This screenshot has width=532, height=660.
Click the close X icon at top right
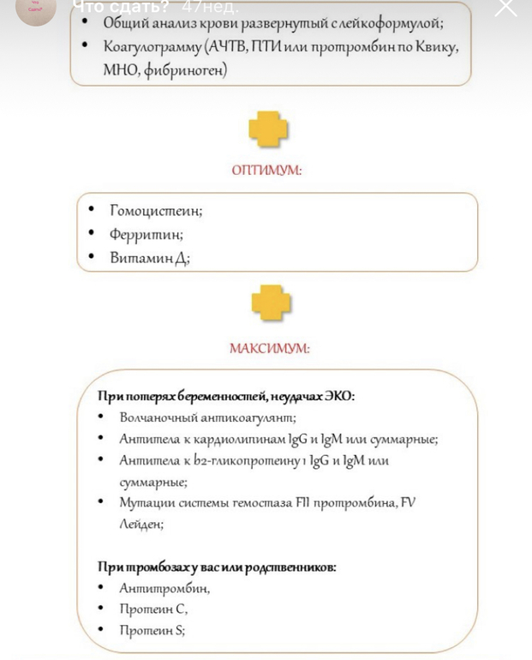pos(506,9)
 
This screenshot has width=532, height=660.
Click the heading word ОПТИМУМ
pos(266,170)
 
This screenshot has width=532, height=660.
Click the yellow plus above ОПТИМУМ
pos(268,129)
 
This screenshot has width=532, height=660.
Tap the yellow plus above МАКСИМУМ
pos(271,303)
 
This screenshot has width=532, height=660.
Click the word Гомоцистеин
pos(156,210)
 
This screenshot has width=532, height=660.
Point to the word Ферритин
pos(146,233)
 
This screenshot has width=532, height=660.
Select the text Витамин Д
pos(149,257)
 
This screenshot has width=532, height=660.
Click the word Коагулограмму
pos(151,46)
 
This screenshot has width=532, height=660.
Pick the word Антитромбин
pos(164,588)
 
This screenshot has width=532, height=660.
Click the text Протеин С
pos(153,609)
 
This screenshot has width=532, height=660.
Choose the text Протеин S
pos(152,630)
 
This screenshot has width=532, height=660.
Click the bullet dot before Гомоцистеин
pos(92,209)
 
